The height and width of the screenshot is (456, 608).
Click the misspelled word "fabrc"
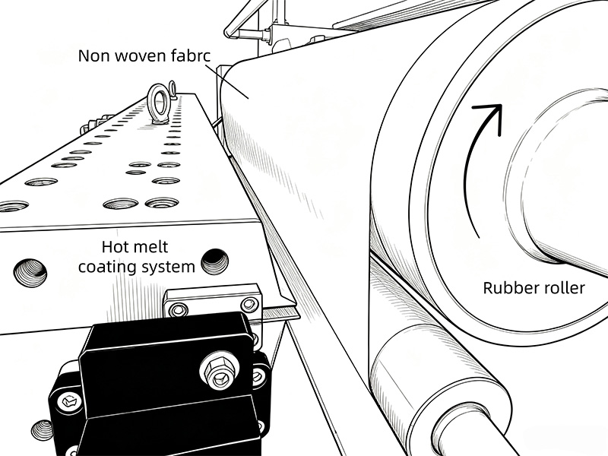pyautogui.click(x=191, y=55)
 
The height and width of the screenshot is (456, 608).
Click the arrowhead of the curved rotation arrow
pyautogui.click(x=490, y=116)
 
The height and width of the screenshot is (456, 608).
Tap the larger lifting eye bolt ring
pyautogui.click(x=158, y=104)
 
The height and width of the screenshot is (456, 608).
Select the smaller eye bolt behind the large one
pyautogui.click(x=173, y=89)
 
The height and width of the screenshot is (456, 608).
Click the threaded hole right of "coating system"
pyautogui.click(x=214, y=261)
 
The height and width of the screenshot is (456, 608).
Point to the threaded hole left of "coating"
pyautogui.click(x=30, y=273)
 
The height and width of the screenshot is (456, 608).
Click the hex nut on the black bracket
pyautogui.click(x=219, y=369)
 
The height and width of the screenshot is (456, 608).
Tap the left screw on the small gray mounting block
pyautogui.click(x=178, y=310)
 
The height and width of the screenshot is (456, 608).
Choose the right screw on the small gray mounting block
pyautogui.click(x=249, y=305)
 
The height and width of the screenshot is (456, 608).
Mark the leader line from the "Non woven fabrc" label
pyautogui.click(x=226, y=81)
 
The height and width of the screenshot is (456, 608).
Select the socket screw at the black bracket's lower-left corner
pyautogui.click(x=69, y=401)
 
